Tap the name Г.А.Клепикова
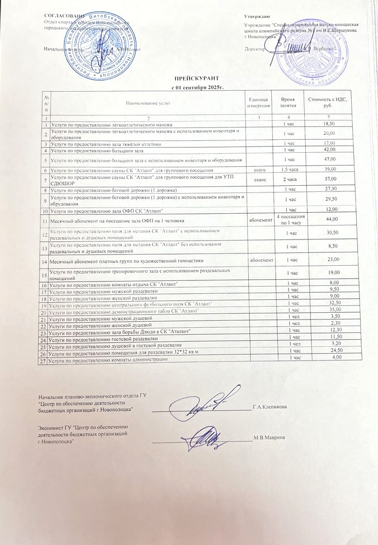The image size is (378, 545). pyautogui.click(x=270, y=406)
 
